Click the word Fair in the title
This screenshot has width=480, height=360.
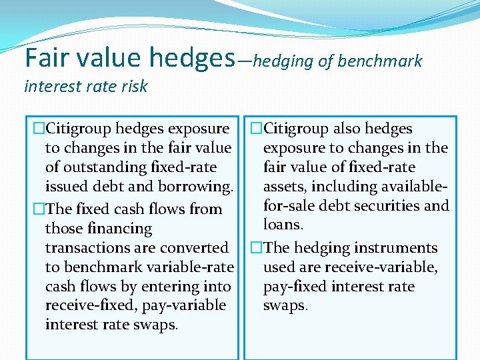48,58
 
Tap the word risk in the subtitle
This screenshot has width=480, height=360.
134,86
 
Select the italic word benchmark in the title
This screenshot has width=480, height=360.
380,61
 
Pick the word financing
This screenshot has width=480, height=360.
120,229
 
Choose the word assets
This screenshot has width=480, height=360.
285,187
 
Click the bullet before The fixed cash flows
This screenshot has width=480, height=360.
39,209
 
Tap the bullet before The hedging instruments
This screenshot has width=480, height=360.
257,248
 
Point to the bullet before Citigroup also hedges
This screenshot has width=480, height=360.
257,129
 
